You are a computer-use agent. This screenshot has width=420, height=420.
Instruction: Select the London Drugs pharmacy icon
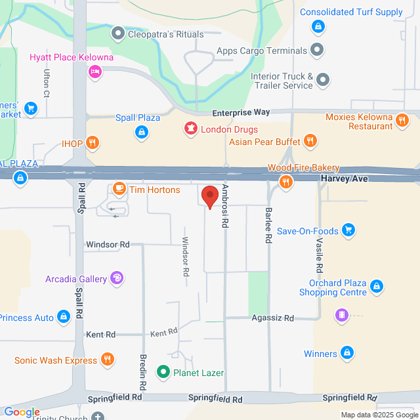coord(191,129)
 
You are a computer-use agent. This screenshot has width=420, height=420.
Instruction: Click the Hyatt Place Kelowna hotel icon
coord(95,72)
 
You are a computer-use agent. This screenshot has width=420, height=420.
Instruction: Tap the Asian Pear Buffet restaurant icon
coord(310,141)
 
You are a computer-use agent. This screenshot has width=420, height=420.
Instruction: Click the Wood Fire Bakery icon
coord(285,182)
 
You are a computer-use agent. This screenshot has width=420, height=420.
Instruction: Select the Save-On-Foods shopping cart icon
coord(348,230)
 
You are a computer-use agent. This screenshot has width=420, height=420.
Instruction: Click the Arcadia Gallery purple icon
coord(117,279)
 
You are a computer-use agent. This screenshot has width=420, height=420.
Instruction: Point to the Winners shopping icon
coord(347,354)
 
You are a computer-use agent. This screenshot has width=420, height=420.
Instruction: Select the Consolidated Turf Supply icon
coord(318,26)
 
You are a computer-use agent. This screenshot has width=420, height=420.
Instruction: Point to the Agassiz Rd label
coord(272,318)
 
